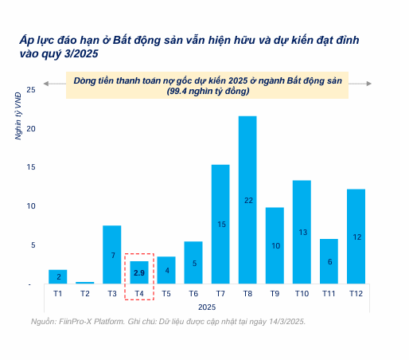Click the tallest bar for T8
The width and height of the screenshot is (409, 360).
[247, 199]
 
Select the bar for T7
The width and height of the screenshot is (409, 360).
[220, 224]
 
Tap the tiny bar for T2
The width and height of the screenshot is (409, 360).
[85, 282]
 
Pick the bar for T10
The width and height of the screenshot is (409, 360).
[302, 232]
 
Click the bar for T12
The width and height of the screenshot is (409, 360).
[356, 236]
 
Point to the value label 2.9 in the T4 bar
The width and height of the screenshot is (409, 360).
[139, 272]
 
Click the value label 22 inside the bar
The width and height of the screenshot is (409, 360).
[247, 200]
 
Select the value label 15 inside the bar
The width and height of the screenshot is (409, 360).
[221, 225]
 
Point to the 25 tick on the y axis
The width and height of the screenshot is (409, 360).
[31, 89]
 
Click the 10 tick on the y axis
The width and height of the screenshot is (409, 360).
[31, 206]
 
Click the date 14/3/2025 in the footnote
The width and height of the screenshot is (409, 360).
[281, 321]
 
